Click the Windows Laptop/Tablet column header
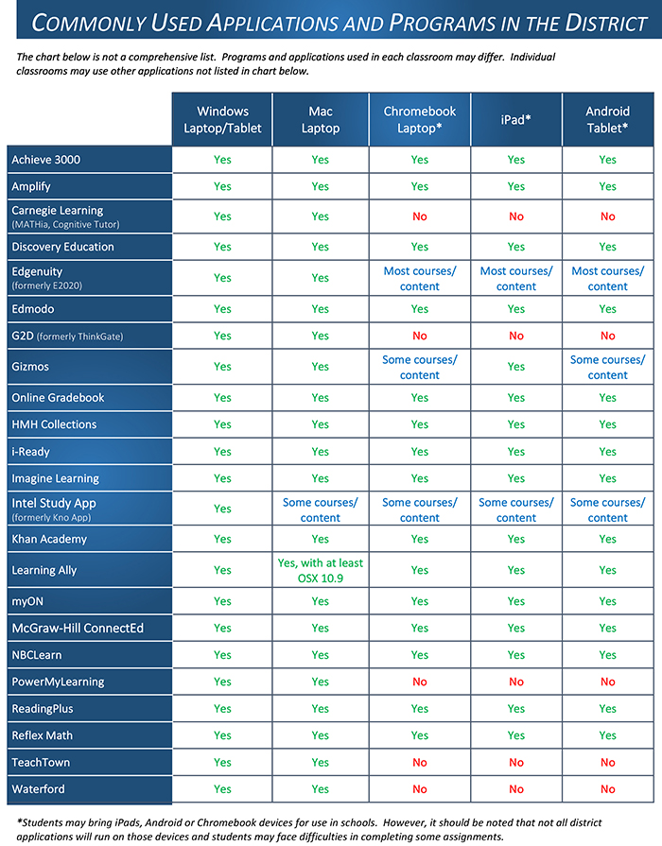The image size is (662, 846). (x=222, y=119)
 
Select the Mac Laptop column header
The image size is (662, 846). (x=320, y=119)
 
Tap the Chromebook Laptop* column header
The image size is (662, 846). (x=420, y=119)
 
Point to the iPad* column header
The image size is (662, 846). (x=515, y=119)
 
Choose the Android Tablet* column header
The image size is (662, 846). (x=607, y=119)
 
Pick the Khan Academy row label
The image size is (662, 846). (x=49, y=539)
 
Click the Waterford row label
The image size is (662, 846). (x=39, y=789)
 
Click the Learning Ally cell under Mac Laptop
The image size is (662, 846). (x=320, y=570)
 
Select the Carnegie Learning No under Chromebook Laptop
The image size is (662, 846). (x=420, y=216)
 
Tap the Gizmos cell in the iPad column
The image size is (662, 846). (x=515, y=367)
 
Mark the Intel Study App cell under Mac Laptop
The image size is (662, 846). (x=320, y=509)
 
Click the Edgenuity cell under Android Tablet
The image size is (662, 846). (x=607, y=278)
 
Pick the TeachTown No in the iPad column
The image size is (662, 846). (x=515, y=762)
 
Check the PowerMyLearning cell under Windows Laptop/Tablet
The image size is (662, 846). (x=222, y=682)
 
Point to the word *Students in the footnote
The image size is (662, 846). (x=44, y=823)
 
